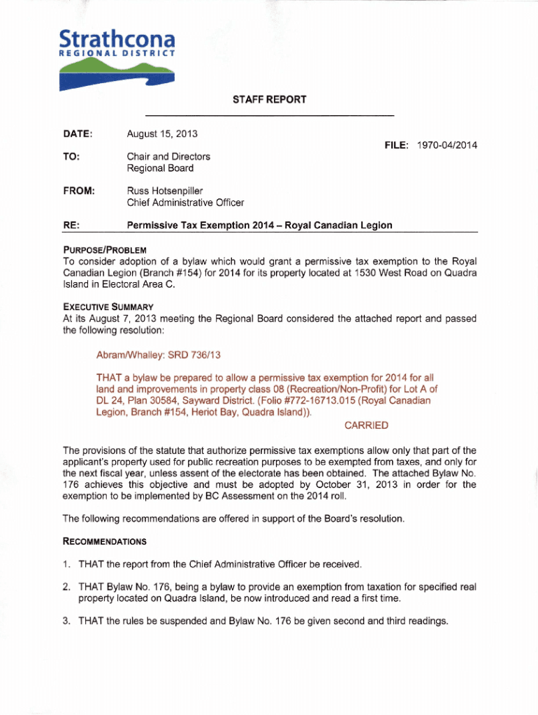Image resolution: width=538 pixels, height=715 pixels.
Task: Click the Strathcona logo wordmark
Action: coord(116,38)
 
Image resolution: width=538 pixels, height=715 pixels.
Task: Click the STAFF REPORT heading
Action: coord(270,99)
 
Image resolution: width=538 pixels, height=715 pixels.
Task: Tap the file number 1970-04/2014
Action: coord(446,145)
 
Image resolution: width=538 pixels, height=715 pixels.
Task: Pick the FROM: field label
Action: coord(78,190)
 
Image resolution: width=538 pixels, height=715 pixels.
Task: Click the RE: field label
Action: coord(71,226)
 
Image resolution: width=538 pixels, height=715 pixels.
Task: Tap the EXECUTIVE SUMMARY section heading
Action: coord(108,307)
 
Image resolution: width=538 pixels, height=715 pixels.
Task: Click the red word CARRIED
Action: coord(366,425)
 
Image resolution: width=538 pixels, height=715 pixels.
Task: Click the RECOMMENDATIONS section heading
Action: coord(105,541)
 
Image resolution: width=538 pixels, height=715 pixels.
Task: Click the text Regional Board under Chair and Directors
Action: coord(160,168)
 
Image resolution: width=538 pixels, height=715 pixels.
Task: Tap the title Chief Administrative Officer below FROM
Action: coord(185,202)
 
